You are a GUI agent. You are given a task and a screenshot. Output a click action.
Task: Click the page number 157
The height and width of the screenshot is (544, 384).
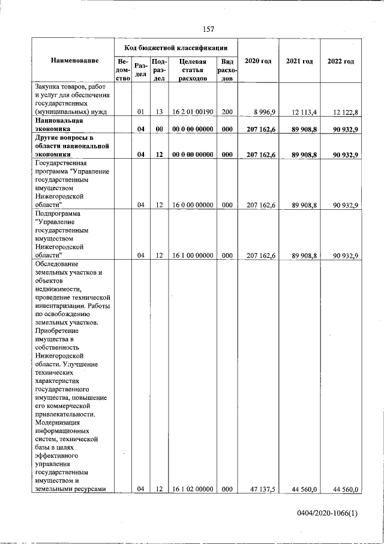[x=208, y=29]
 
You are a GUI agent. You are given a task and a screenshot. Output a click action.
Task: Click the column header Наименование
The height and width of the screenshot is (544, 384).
[x=74, y=61]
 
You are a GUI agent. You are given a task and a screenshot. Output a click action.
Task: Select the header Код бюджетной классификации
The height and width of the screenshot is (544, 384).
[x=176, y=47]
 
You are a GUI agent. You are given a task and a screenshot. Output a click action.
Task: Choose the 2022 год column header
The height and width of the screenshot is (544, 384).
[x=340, y=61]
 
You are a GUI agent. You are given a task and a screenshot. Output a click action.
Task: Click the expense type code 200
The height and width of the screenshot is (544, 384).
[x=227, y=112]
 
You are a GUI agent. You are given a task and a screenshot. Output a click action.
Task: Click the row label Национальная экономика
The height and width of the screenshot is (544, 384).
[x=59, y=124]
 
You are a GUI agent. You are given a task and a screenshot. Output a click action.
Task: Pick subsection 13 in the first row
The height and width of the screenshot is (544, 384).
[x=160, y=112]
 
